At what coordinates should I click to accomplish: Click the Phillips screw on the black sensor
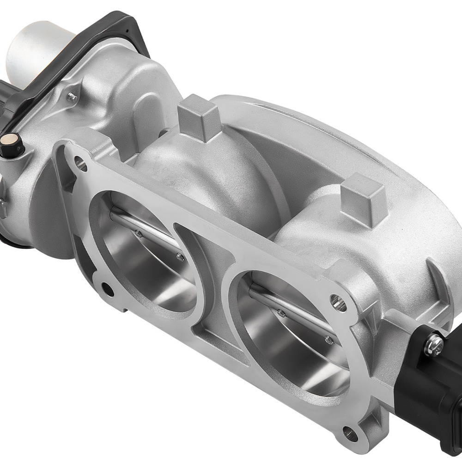click(434, 343)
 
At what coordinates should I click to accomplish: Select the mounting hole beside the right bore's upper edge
click(338, 303)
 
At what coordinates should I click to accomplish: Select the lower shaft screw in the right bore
click(328, 340)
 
